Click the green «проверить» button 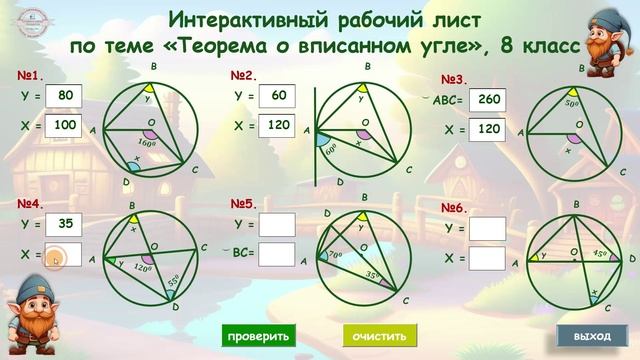pyautogui.click(x=257, y=336)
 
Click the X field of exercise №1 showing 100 pyautogui.click(x=67, y=126)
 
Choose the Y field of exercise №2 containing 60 pyautogui.click(x=278, y=96)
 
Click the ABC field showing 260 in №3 pyautogui.click(x=488, y=100)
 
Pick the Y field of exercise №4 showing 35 pyautogui.click(x=67, y=224)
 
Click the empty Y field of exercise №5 pyautogui.click(x=277, y=224)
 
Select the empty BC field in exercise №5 pyautogui.click(x=277, y=254)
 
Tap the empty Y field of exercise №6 pyautogui.click(x=488, y=228)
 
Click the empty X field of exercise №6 pyautogui.click(x=488, y=258)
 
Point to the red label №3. pyautogui.click(x=455, y=80)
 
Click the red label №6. pyautogui.click(x=455, y=208)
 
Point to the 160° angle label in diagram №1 pyautogui.click(x=149, y=142)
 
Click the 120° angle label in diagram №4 pyautogui.click(x=142, y=269)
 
